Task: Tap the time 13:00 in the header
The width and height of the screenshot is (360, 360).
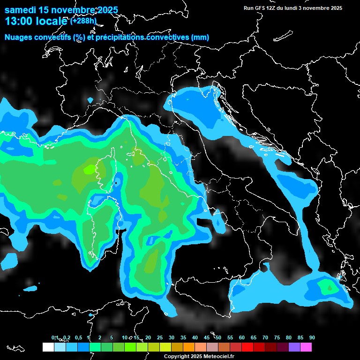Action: click(x=19, y=21)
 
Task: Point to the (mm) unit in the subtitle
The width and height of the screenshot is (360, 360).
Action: click(x=200, y=37)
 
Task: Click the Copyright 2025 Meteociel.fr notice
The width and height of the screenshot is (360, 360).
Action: click(x=199, y=356)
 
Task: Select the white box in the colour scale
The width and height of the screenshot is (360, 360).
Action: click(x=48, y=347)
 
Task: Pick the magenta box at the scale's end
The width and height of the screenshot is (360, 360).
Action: click(x=306, y=347)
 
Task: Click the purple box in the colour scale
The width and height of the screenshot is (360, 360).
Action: click(x=294, y=347)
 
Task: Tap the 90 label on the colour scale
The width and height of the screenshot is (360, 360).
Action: click(x=312, y=337)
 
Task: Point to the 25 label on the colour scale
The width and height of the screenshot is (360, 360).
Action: click(x=159, y=337)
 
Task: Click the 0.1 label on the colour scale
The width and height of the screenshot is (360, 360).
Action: click(x=55, y=337)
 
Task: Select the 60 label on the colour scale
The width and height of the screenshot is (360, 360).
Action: click(x=241, y=337)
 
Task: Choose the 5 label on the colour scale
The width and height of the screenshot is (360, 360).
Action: click(x=112, y=337)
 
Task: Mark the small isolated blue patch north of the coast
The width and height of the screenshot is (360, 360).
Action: click(x=90, y=100)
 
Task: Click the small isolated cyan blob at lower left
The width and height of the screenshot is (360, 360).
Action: click(x=31, y=288)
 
